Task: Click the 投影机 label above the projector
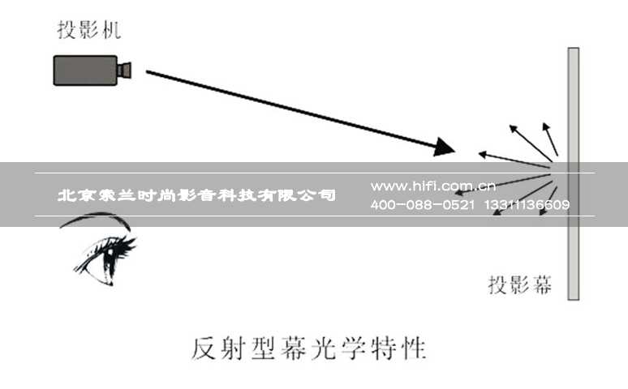[x=89, y=30]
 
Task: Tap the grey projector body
[x=85, y=71]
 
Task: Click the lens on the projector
[x=125, y=71]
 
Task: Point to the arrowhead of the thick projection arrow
[x=445, y=147]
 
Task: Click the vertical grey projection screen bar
[x=574, y=173]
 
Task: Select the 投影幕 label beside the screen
[x=520, y=285]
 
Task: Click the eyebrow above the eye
[x=95, y=220]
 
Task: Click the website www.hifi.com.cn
[x=433, y=186]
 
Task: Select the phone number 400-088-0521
[x=423, y=205]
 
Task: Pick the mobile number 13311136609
[x=527, y=205]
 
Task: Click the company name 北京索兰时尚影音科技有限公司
[x=196, y=195]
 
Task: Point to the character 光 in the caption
[x=324, y=348]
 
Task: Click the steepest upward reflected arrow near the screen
[x=550, y=139]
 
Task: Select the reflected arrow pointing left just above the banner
[x=514, y=160]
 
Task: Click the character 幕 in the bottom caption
[x=294, y=348]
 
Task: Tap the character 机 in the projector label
[x=111, y=30]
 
